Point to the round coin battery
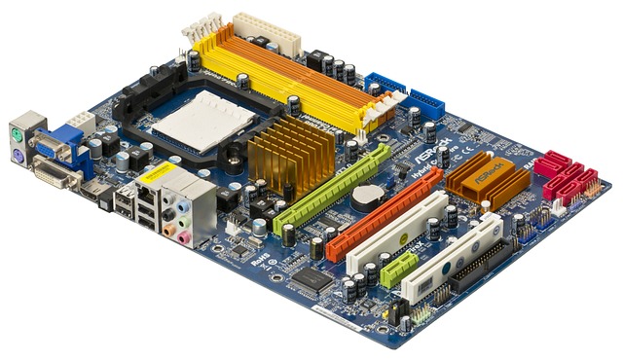coord(369,198)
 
